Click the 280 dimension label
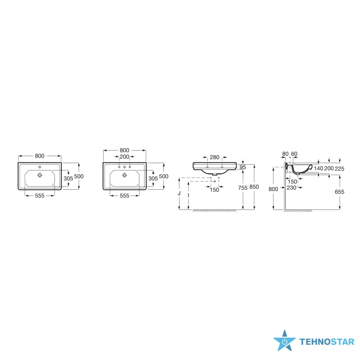click(x=215, y=157)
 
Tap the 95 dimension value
click(x=243, y=167)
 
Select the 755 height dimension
click(x=243, y=188)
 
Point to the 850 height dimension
click(x=254, y=187)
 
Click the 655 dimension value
click(x=339, y=192)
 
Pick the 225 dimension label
click(x=339, y=169)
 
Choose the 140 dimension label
click(x=318, y=169)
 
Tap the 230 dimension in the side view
click(x=292, y=188)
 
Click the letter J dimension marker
click(x=179, y=193)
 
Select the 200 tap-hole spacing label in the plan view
click(x=124, y=157)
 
